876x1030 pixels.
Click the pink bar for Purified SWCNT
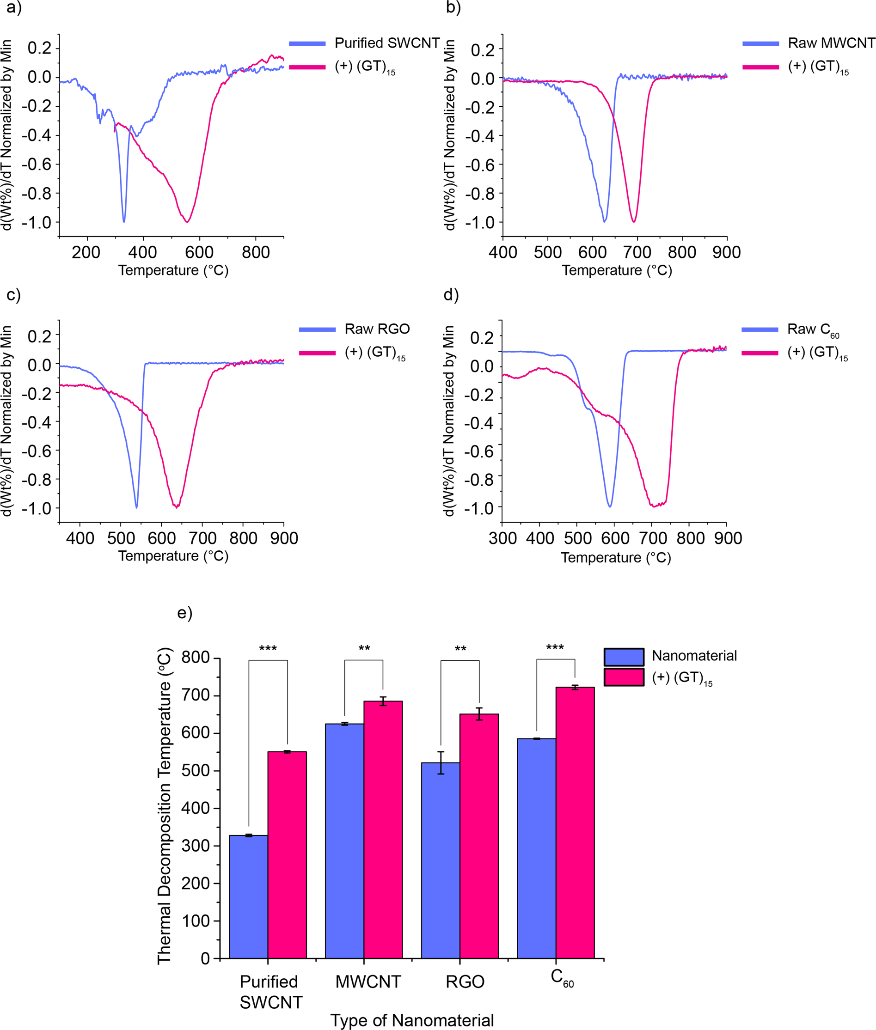point(287,854)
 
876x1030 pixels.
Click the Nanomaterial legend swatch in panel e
point(624,657)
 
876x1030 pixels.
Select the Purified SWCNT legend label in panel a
point(387,43)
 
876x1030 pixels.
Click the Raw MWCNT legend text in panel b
point(831,43)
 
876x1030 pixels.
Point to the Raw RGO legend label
point(377,329)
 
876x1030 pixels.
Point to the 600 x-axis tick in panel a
point(199,252)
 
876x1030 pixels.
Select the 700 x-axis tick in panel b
point(637,252)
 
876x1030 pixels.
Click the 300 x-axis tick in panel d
point(502,538)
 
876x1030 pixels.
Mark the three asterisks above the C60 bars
point(555,648)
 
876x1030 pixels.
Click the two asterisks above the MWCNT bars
point(364,649)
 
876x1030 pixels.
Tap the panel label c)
point(13,295)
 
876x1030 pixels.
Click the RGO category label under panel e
point(465,981)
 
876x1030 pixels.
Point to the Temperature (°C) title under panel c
point(173,556)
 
